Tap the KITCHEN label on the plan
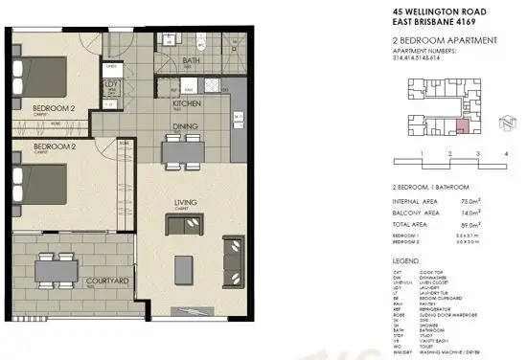187,103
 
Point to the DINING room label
186,124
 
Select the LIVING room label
187,202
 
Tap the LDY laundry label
111,83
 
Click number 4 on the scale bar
505,152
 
